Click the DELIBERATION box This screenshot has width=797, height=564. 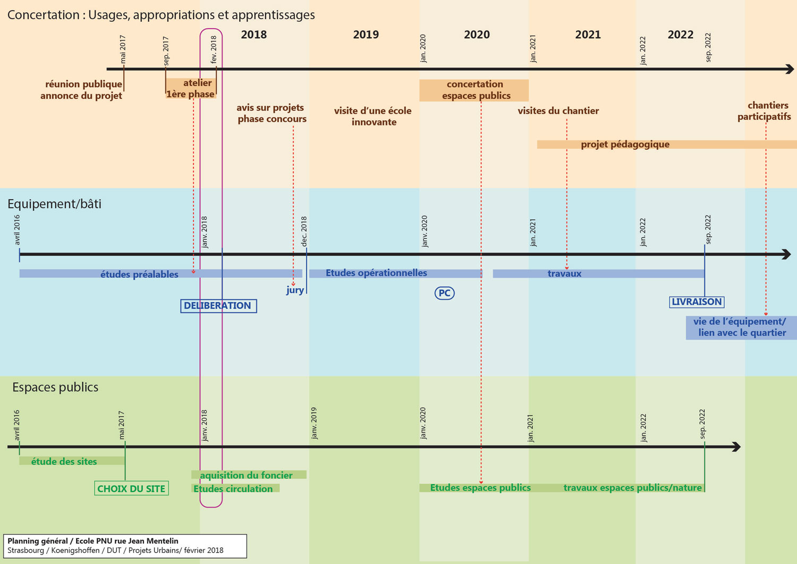pos(218,306)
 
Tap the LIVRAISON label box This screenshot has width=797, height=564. pos(697,302)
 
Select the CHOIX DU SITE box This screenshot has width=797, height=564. pos(132,489)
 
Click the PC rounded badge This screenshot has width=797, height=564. pos(445,293)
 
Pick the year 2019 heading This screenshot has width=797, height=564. pos(366,35)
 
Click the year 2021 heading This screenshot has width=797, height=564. pos(588,35)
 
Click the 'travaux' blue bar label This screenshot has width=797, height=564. pos(564,274)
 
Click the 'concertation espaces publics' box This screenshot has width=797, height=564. pos(474,90)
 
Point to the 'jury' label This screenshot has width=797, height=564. pos(295,290)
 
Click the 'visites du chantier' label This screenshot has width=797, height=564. pos(558,111)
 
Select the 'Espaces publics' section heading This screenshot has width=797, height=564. pos(55,388)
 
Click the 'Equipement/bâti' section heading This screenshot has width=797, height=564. pos(54,204)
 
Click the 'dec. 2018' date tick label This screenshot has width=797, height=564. pos(304,231)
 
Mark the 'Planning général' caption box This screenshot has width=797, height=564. pos(125,546)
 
